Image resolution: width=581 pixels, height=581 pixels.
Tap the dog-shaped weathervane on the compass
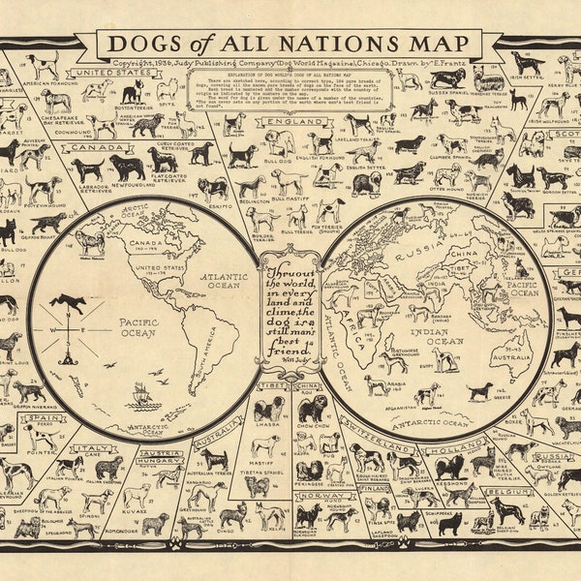(x=70, y=303)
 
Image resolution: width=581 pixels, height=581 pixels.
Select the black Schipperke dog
(x=447, y=524)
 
